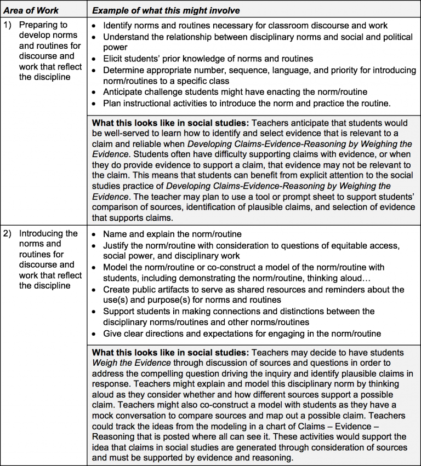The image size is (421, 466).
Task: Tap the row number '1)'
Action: [x=8, y=25]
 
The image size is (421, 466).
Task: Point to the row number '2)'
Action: [x=8, y=234]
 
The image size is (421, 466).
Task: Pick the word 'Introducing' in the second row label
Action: [x=42, y=234]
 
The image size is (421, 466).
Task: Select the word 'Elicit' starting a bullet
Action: [x=115, y=59]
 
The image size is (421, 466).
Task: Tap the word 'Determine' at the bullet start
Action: [x=123, y=70]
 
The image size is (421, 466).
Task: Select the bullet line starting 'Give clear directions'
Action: [x=241, y=333]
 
